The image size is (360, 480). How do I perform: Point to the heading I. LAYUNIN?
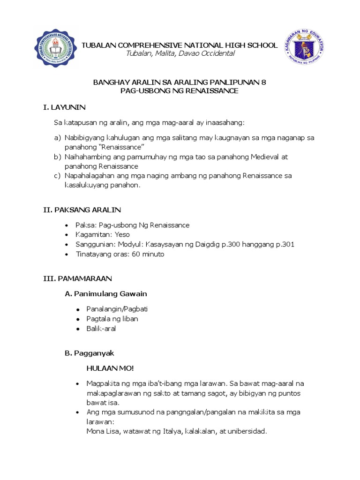pyautogui.click(x=64, y=107)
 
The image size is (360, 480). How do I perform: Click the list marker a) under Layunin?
pyautogui.click(x=58, y=138)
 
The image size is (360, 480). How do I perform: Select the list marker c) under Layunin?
pyautogui.click(x=58, y=176)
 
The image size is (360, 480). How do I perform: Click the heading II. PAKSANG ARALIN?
pyautogui.click(x=82, y=210)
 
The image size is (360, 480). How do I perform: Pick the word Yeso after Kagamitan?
pyautogui.click(x=122, y=234)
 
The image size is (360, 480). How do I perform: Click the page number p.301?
pyautogui.click(x=284, y=244)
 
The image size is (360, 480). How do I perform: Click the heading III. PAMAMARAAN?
pyautogui.click(x=77, y=278)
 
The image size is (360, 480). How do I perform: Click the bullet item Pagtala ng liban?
pyautogui.click(x=112, y=319)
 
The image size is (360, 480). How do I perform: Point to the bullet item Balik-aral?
pyautogui.click(x=101, y=329)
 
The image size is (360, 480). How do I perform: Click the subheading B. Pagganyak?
pyautogui.click(x=90, y=353)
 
